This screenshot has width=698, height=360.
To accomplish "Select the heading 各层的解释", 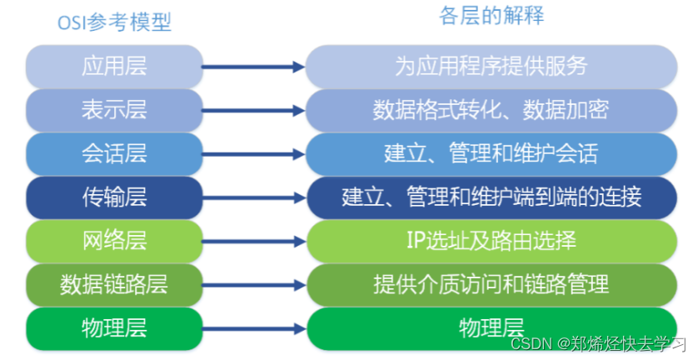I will pyautogui.click(x=491, y=16).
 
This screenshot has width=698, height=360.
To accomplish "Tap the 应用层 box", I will pyautogui.click(x=114, y=65).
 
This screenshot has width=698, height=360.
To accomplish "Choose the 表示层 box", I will pyautogui.click(x=114, y=109).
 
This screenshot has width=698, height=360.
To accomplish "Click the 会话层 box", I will pyautogui.click(x=114, y=153).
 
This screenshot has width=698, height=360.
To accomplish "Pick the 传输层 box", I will pyautogui.click(x=114, y=197).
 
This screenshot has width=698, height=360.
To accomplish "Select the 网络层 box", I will pyautogui.click(x=114, y=242).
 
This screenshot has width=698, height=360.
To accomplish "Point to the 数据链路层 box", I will pyautogui.click(x=114, y=284).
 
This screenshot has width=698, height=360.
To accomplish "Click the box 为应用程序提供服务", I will pyautogui.click(x=491, y=65).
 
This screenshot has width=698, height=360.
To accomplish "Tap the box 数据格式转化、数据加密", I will pyautogui.click(x=491, y=109).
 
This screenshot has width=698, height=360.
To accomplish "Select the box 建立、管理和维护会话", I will pyautogui.click(x=491, y=153).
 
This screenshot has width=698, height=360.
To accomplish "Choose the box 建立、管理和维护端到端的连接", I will pyautogui.click(x=491, y=197).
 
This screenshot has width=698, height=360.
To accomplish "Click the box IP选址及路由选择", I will pyautogui.click(x=491, y=242).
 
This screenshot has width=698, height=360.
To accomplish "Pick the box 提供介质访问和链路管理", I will pyautogui.click(x=491, y=284).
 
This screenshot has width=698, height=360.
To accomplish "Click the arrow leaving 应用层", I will pyautogui.click(x=254, y=67).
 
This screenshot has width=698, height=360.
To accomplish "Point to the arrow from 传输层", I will pyautogui.click(x=254, y=198).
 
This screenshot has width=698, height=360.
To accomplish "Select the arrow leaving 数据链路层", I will pyautogui.click(x=254, y=286).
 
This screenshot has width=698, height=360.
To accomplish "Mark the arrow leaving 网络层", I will pyautogui.click(x=254, y=242).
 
